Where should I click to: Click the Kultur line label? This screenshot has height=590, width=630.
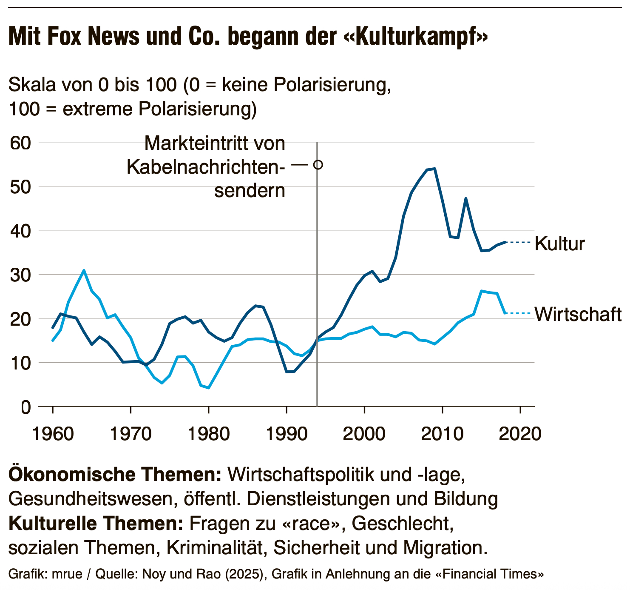tap(559, 244)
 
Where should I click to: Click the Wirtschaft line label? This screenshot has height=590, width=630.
tap(578, 314)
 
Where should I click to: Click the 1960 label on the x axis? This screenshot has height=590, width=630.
tap(53, 434)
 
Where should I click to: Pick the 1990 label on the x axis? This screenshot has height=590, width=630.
tap(287, 434)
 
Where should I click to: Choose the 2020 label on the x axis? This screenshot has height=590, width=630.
tap(520, 434)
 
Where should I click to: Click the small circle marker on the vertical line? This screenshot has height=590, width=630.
tap(318, 165)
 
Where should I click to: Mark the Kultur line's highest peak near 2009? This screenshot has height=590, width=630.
tap(434, 169)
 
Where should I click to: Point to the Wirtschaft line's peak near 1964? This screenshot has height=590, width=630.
tap(84, 270)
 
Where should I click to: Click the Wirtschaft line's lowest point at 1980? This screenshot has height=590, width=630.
tap(208, 388)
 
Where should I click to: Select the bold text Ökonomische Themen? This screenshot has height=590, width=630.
tap(115, 474)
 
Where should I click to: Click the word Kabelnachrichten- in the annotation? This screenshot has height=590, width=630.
tap(206, 167)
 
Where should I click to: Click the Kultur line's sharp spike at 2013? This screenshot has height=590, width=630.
tap(466, 198)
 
